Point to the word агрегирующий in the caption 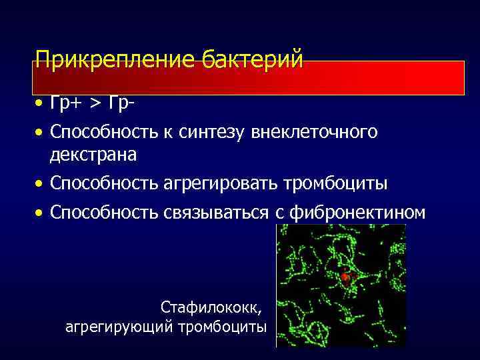click(x=119, y=327)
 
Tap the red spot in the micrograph click(x=345, y=276)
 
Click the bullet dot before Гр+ click(x=40, y=105)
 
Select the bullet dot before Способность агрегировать click(x=40, y=183)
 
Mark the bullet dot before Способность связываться click(x=40, y=213)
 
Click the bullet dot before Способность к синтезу click(x=40, y=133)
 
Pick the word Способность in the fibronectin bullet click(x=104, y=213)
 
